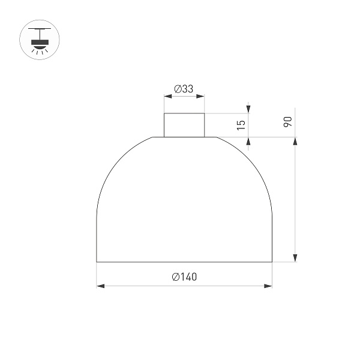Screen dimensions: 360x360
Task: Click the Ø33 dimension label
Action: (184, 89)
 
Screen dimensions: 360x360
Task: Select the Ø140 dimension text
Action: (184, 277)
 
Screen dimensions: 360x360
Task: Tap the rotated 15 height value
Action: (241, 125)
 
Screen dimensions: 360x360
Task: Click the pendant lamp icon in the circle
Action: (40, 40)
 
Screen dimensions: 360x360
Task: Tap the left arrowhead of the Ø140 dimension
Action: (100, 286)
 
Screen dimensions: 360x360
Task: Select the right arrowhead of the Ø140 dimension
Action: (268, 286)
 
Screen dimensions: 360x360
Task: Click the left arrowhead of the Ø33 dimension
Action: (167, 96)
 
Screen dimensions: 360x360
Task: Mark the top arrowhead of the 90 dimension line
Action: (295, 141)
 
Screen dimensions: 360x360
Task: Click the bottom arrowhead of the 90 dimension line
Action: (295, 258)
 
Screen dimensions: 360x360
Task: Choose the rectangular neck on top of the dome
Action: (184, 125)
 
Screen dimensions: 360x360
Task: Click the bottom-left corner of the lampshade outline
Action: (97, 262)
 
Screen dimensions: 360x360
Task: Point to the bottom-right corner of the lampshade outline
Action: (272, 262)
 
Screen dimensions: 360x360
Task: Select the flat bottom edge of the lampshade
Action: (184, 262)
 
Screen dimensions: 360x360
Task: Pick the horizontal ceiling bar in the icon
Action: (40, 28)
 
